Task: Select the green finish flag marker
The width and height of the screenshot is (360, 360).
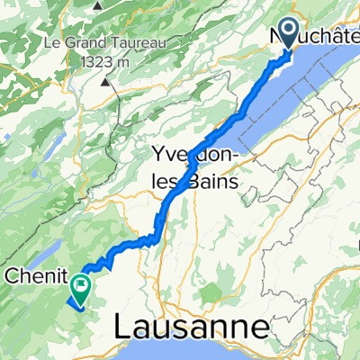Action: (81, 288)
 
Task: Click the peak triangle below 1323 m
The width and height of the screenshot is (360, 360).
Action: (107, 81)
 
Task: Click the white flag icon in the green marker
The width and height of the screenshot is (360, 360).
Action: (81, 287)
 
